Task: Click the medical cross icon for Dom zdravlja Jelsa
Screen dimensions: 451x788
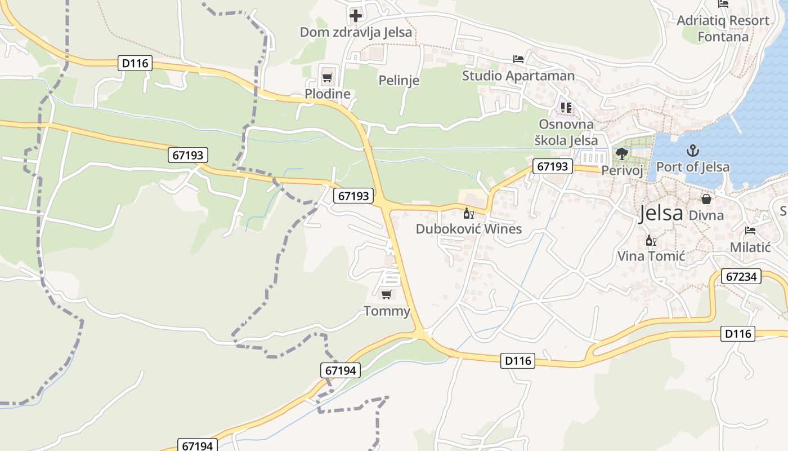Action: pyautogui.click(x=356, y=15)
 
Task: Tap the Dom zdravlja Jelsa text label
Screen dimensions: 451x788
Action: pyautogui.click(x=356, y=32)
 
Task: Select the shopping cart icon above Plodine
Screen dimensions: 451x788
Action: pyautogui.click(x=327, y=77)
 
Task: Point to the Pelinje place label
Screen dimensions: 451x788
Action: pyautogui.click(x=399, y=81)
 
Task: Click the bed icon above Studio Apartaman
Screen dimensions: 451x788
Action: pyautogui.click(x=518, y=59)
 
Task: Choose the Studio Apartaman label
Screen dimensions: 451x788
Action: pyautogui.click(x=518, y=76)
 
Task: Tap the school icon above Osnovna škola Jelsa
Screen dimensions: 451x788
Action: pyautogui.click(x=566, y=107)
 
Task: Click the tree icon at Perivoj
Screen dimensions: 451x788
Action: pyautogui.click(x=622, y=153)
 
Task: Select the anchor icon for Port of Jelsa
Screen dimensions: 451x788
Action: pyautogui.click(x=693, y=151)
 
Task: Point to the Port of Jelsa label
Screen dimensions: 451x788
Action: pyautogui.click(x=693, y=167)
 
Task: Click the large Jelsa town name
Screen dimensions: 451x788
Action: pyautogui.click(x=661, y=213)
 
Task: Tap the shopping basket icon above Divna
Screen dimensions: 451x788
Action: pyautogui.click(x=706, y=198)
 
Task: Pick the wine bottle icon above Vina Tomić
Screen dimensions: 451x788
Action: pyautogui.click(x=651, y=241)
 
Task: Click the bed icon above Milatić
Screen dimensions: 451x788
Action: pyautogui.click(x=750, y=231)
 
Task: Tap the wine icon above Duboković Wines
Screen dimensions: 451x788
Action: pyautogui.click(x=468, y=213)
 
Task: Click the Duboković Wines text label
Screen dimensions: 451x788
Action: pyautogui.click(x=469, y=229)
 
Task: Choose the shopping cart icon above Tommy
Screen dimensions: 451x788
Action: pyautogui.click(x=387, y=294)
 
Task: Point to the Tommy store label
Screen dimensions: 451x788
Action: pyautogui.click(x=387, y=311)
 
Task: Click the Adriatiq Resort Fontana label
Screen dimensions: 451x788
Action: pyautogui.click(x=723, y=29)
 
